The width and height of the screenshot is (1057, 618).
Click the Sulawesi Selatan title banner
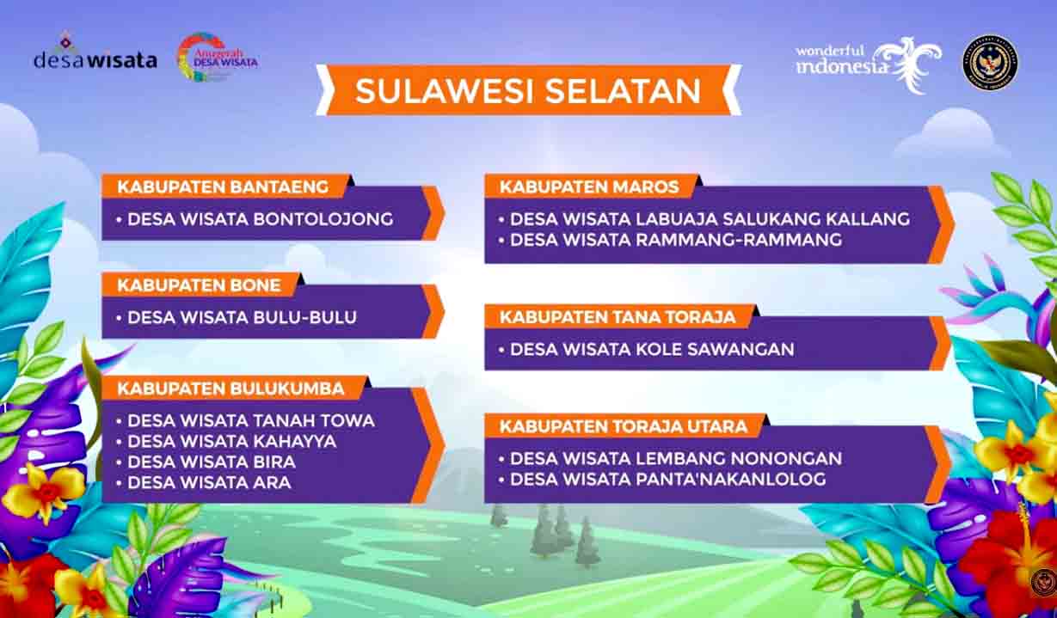point(528,90)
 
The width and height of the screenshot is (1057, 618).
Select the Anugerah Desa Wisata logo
point(217,57)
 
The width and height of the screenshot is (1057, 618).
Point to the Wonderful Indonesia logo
point(869,64)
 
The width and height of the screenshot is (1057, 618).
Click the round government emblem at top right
point(990,62)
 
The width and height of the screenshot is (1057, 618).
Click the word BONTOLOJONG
point(323,219)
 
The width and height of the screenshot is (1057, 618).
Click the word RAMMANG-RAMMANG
point(739,240)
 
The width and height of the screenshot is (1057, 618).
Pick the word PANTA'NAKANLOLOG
point(731,479)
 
